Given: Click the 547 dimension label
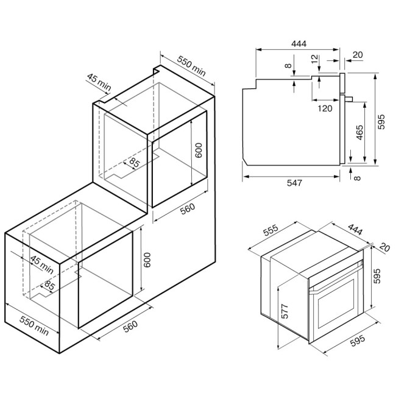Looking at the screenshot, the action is [294, 183].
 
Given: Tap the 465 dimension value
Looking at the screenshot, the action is [359, 132].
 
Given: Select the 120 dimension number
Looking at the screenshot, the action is [325, 108].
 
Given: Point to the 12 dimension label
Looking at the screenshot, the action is [315, 59].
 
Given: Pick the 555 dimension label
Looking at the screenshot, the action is [270, 230].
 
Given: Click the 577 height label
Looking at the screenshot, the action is [284, 311].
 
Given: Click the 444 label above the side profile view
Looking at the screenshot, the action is [299, 44].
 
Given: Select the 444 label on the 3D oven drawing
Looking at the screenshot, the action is [355, 229].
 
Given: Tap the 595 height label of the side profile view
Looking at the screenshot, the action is [381, 122].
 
